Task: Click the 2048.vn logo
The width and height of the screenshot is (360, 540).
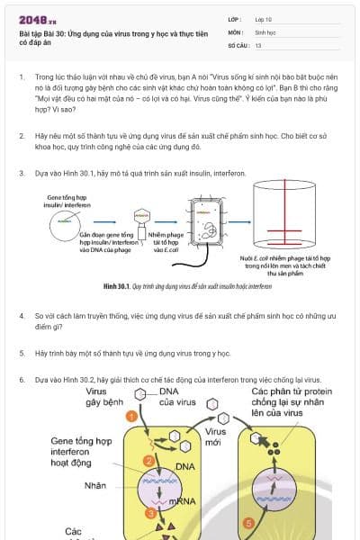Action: click(x=38, y=19)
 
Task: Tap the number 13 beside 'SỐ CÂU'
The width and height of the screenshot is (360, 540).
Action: click(x=258, y=44)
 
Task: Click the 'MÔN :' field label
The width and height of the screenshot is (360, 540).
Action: click(x=237, y=31)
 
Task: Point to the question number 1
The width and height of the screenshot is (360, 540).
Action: click(x=22, y=78)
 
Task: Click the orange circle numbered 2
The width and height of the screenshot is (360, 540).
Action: click(x=148, y=462)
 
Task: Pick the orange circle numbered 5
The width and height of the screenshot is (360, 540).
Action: click(x=249, y=522)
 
